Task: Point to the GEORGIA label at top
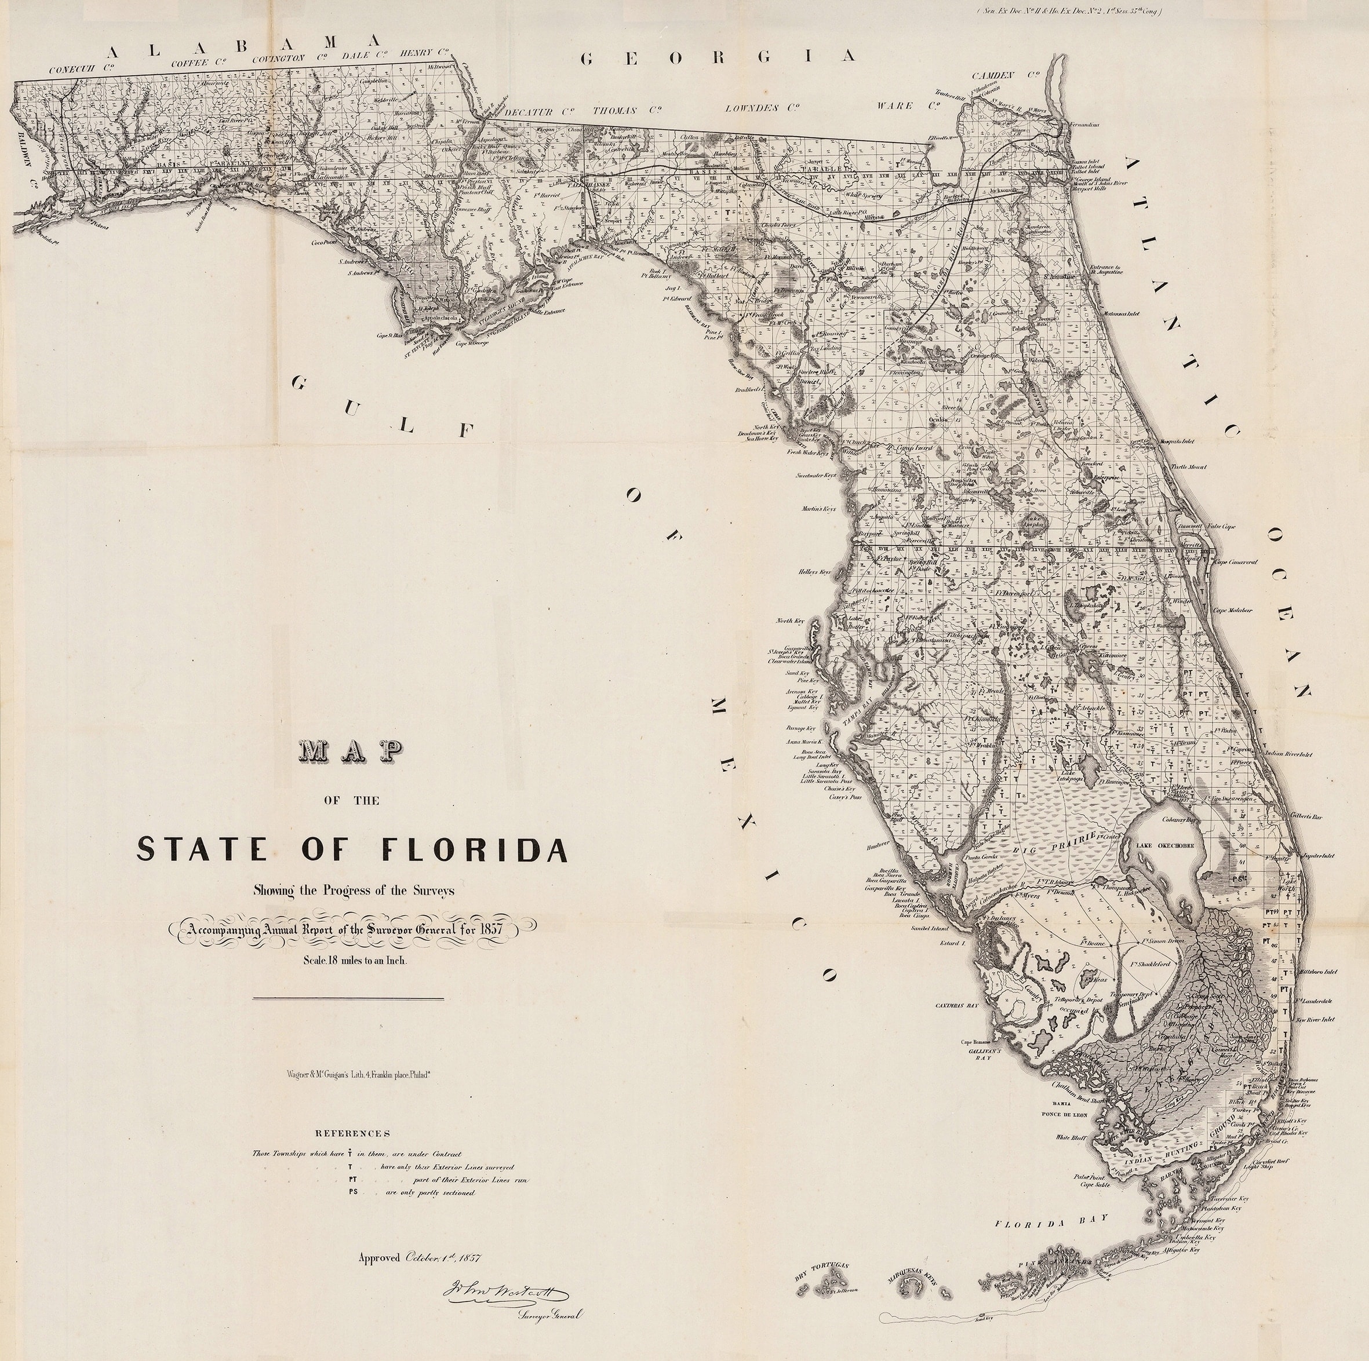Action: point(719,58)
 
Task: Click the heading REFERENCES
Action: point(352,1133)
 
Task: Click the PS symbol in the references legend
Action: point(352,1192)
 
